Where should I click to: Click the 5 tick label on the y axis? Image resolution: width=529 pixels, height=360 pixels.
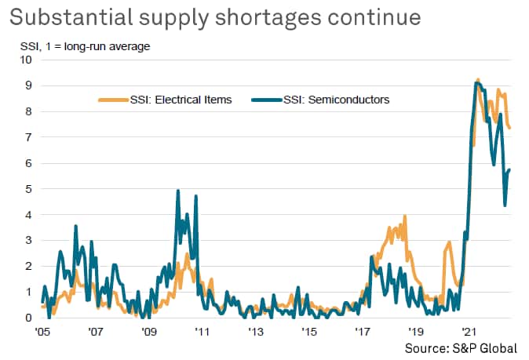(29, 188)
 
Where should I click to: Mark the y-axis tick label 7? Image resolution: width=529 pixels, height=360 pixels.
(29, 136)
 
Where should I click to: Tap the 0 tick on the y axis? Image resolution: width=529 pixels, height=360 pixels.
(29, 318)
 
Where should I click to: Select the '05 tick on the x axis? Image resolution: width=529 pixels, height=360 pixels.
(43, 332)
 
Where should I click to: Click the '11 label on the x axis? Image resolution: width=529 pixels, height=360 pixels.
(202, 332)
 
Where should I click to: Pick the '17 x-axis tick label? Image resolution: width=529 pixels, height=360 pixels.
(363, 332)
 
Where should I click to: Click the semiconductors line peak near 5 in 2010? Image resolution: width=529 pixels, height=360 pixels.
(178, 191)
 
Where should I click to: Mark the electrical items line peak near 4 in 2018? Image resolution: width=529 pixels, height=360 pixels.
(405, 216)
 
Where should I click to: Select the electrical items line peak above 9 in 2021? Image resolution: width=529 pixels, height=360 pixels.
(478, 79)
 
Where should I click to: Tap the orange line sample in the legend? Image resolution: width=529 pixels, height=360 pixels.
(111, 100)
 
